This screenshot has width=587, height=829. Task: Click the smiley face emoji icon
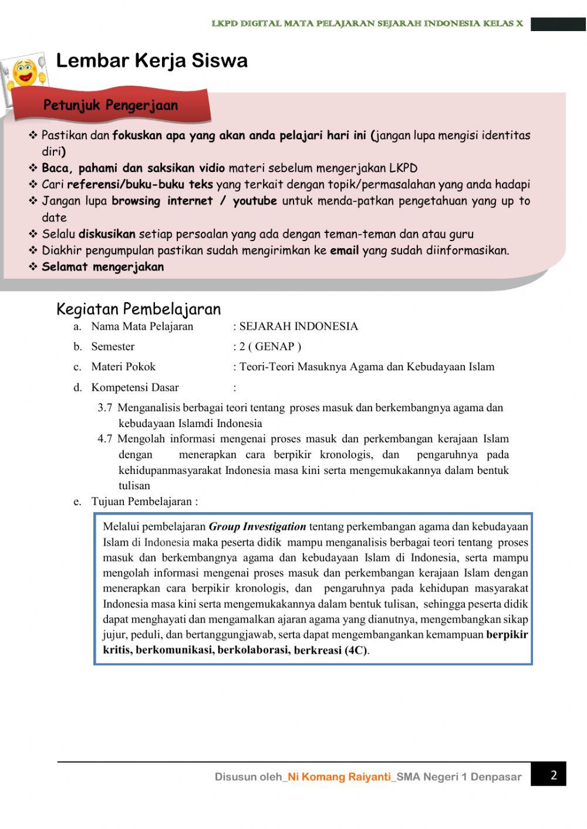tap(25, 73)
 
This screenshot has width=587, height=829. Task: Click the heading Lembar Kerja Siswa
tap(151, 60)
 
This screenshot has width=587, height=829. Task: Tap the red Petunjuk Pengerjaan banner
tap(110, 106)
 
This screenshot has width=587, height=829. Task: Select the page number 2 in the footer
tap(553, 775)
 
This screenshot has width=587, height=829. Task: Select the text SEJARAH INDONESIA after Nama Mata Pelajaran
tap(298, 326)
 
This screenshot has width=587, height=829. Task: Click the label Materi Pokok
tap(123, 367)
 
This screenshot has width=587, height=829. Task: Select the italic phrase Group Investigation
tap(257, 527)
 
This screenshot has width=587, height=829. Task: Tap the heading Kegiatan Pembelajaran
tap(139, 309)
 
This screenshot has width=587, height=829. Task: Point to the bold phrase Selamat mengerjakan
tap(103, 267)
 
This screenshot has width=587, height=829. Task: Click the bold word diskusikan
tap(107, 234)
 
